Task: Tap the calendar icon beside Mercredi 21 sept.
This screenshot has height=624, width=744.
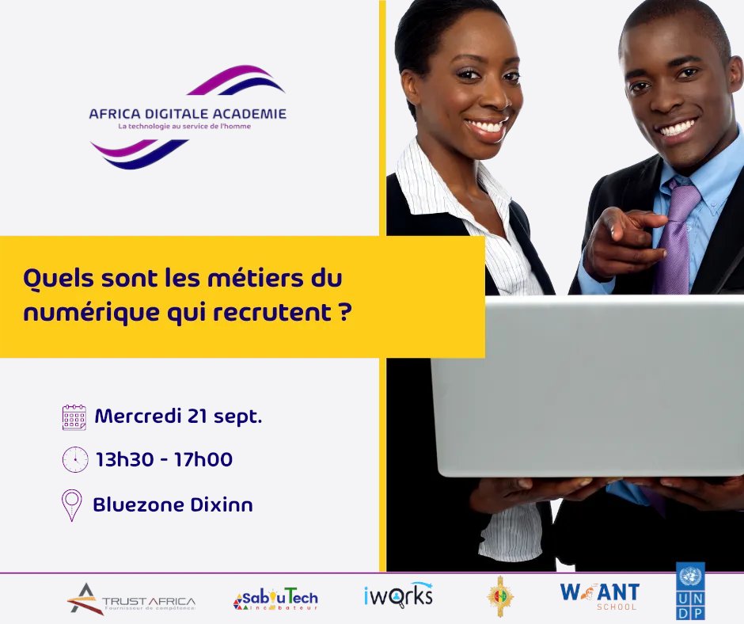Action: coord(74,417)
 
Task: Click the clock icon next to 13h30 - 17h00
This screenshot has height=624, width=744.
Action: coord(74,458)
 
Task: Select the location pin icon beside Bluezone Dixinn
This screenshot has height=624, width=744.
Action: coord(72,505)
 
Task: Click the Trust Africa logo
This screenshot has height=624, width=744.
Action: coord(131,599)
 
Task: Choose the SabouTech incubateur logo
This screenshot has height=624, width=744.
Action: coord(275,600)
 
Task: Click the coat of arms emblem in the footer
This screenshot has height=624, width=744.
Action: coord(499,595)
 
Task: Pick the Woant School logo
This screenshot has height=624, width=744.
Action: coord(599,595)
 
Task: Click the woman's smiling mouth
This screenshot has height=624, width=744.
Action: coord(487,126)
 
